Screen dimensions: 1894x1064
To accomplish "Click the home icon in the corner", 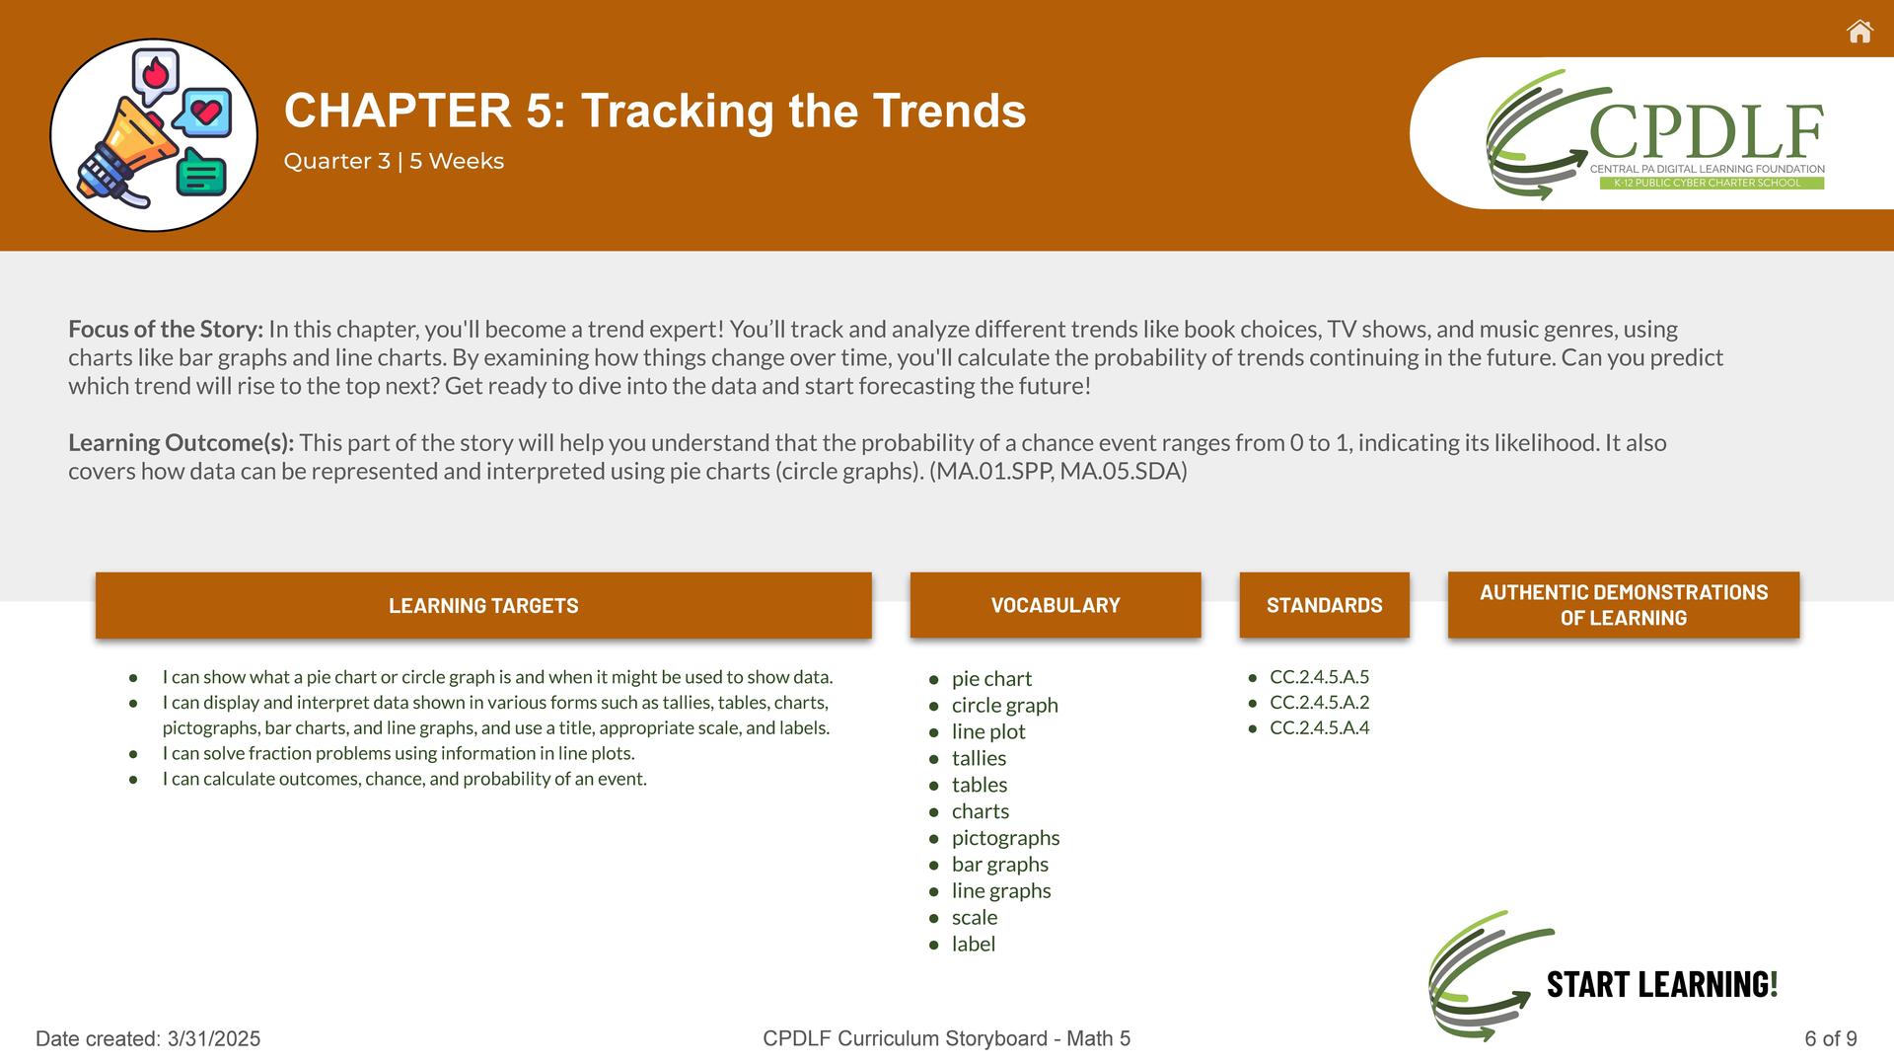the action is (x=1859, y=32).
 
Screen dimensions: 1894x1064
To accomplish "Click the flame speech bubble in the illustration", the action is (x=155, y=75).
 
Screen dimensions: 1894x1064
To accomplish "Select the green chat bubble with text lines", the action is (x=201, y=173).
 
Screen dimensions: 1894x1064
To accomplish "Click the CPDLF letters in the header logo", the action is (x=1707, y=132).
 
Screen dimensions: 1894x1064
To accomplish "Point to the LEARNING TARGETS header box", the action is (x=483, y=605).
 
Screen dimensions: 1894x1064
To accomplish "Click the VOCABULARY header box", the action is (x=1056, y=605).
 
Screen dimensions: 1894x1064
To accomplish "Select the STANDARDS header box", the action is (x=1324, y=605).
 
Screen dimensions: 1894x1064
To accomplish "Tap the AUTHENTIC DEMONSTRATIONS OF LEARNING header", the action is (x=1624, y=605).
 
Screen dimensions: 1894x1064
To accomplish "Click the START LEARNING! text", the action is (x=1662, y=984).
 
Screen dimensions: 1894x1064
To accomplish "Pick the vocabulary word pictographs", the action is (x=1005, y=838).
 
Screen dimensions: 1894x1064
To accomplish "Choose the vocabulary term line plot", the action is (x=988, y=731).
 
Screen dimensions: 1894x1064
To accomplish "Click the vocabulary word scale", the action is (x=975, y=917).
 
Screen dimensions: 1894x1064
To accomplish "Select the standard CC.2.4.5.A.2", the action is (x=1319, y=702).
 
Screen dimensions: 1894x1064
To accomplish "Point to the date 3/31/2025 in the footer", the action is (x=214, y=1038).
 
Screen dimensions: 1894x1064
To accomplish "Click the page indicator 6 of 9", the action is (x=1831, y=1038).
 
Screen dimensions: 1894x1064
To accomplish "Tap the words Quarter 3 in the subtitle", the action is (x=337, y=161).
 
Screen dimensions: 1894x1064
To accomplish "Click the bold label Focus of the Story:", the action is (x=166, y=329).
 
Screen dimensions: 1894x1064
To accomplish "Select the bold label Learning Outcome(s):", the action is (x=182, y=443).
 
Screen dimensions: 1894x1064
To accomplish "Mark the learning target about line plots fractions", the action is (x=399, y=753).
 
